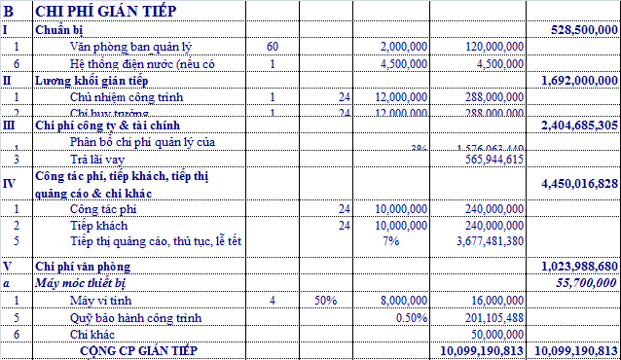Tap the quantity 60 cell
coord(272,47)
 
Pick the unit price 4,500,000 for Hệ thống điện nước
coord(399,64)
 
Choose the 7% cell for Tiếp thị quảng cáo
coord(390,240)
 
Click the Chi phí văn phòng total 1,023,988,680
coord(578,266)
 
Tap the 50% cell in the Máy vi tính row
coord(323,301)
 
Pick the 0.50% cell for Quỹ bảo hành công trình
coord(413,318)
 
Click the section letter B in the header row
coord(9,11)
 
